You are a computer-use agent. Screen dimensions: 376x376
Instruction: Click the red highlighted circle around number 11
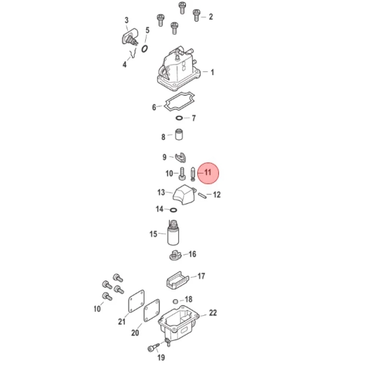[x=208, y=173]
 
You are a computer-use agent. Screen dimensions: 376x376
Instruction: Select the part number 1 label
[x=212, y=72]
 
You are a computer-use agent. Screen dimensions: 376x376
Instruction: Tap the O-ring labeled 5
[x=144, y=49]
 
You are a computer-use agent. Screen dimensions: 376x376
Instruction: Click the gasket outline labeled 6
[x=179, y=101]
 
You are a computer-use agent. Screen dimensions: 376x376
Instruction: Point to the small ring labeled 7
[x=179, y=118]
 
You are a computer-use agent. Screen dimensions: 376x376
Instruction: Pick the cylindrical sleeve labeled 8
[x=179, y=135]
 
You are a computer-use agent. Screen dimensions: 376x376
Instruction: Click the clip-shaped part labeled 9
[x=180, y=157]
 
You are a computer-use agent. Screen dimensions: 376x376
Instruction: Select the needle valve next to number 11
[x=193, y=174]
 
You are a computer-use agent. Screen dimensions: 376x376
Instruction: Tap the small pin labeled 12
[x=203, y=195]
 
